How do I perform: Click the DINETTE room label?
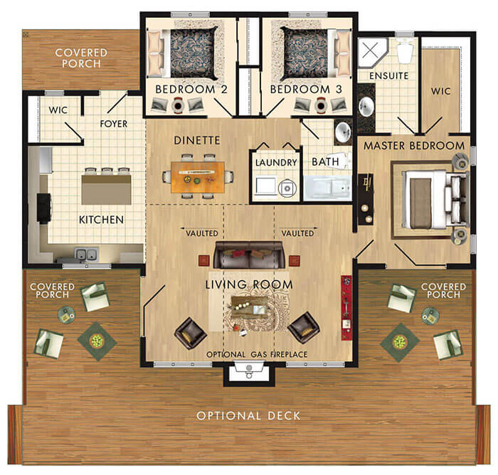click(197, 140)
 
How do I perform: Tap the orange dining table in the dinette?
click(198, 177)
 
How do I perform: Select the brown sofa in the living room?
click(249, 255)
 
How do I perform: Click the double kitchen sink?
click(86, 254)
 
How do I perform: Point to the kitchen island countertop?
click(107, 190)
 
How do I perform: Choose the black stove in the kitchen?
click(44, 208)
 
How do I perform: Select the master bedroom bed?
click(435, 199)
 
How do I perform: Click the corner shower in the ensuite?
click(371, 53)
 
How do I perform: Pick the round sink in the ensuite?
click(366, 107)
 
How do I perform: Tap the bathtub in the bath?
click(327, 188)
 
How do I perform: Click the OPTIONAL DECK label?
click(248, 415)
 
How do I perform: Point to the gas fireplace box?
click(249, 373)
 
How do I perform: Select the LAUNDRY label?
click(276, 163)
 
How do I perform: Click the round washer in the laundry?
click(287, 188)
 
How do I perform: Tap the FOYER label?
click(114, 124)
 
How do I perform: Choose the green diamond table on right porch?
click(400, 342)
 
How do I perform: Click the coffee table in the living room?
click(249, 307)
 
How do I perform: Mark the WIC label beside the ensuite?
click(440, 91)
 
